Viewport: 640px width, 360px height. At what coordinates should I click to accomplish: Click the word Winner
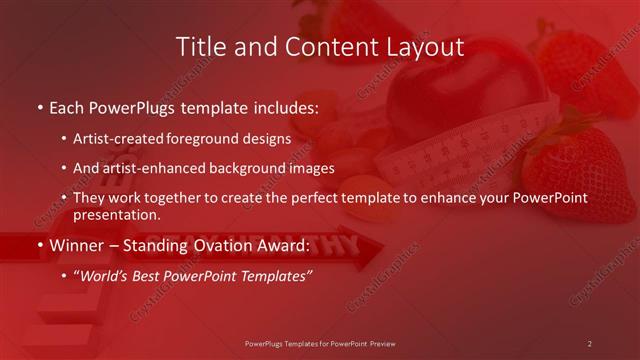(78, 244)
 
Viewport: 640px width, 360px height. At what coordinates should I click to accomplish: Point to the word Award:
(285, 244)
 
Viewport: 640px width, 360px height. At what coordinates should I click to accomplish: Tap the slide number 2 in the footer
(590, 344)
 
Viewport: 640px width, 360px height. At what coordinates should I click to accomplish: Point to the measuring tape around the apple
(470, 150)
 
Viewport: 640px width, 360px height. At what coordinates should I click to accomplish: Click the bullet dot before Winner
(39, 245)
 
